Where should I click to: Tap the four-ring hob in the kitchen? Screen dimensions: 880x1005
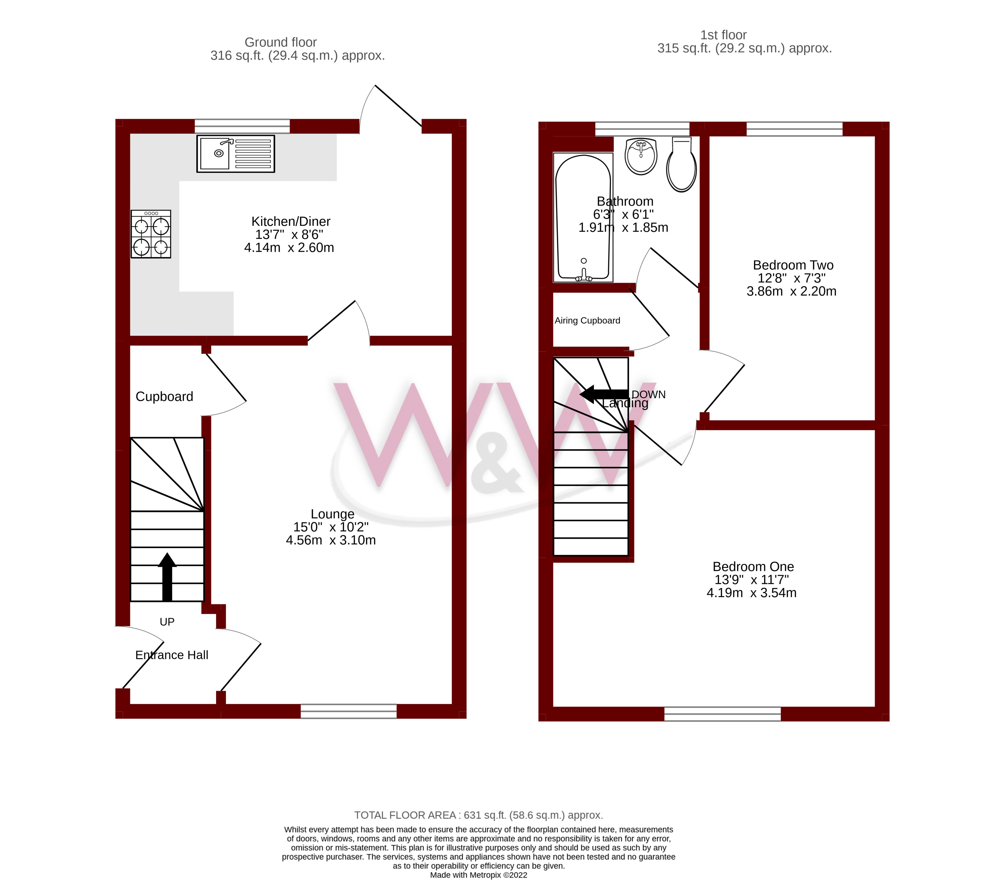pyautogui.click(x=151, y=234)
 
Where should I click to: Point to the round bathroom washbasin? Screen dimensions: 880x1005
pyautogui.click(x=641, y=156)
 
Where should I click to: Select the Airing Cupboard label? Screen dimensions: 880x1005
pyautogui.click(x=587, y=321)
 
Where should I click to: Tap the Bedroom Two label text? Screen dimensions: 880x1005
pyautogui.click(x=793, y=265)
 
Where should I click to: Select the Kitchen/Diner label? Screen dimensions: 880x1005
pyautogui.click(x=291, y=221)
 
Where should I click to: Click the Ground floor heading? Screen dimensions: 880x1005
pyautogui.click(x=280, y=42)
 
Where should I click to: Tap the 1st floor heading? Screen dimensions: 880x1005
pyautogui.click(x=723, y=35)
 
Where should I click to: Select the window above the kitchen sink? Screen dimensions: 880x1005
pyautogui.click(x=242, y=126)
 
